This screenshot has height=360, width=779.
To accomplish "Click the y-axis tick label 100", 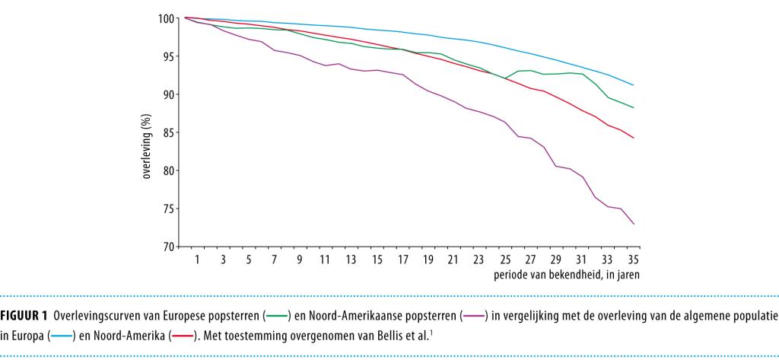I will point(164,18).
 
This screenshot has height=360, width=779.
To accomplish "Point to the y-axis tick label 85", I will point(166,132).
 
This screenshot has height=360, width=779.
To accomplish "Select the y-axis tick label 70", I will point(166,247).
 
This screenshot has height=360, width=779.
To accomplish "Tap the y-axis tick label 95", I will point(166,56).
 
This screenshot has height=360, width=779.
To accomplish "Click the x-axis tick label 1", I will point(196,259).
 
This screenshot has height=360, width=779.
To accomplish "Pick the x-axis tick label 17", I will point(403,259).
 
